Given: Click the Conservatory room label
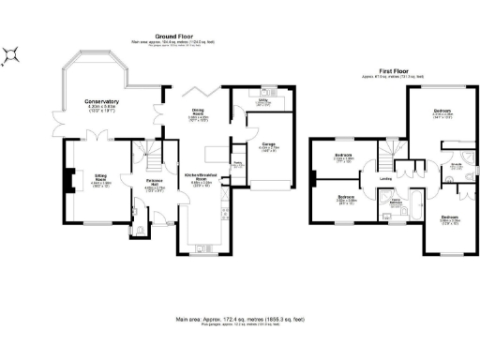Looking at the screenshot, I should point(101,101).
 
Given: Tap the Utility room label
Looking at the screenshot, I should point(264,100).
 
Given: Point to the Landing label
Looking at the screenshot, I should point(385,177).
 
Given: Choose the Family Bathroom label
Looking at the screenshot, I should point(397,200).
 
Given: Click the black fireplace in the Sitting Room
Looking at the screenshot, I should point(66,178).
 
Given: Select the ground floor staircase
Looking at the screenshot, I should point(145,150).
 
